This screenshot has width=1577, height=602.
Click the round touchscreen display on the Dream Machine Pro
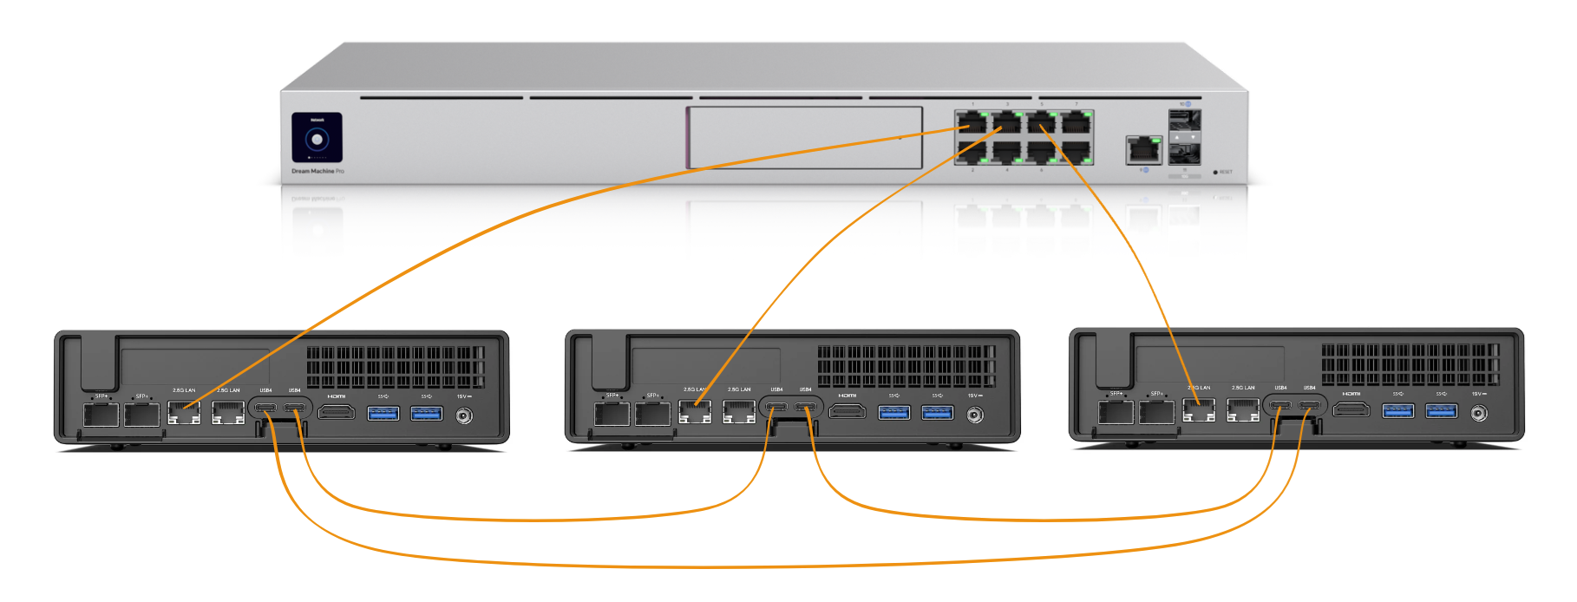[x=317, y=138]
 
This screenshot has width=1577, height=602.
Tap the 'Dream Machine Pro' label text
[x=317, y=171]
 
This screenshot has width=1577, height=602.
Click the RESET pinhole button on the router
[x=1215, y=172]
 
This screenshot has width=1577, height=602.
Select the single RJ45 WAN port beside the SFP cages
[x=1143, y=150]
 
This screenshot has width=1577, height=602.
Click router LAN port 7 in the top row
[x=1076, y=121]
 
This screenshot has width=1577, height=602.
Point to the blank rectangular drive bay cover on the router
[x=804, y=137]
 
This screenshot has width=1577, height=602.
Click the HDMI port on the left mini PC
[x=337, y=411]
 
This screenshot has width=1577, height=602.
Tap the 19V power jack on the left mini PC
[x=464, y=416]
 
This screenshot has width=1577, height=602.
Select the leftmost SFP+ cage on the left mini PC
[x=101, y=414]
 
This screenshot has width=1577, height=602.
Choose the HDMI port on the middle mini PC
[x=847, y=410]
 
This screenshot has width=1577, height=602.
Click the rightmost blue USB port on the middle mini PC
[x=938, y=411]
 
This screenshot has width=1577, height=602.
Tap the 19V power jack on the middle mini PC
[x=975, y=415]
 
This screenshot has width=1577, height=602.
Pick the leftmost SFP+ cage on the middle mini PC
[x=612, y=413]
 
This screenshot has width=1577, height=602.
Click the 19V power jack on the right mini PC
[x=1479, y=413]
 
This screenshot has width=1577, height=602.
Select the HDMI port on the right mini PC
[x=1351, y=409]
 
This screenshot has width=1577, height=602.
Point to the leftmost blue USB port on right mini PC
[x=1398, y=409]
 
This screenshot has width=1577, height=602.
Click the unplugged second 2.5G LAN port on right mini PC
[x=1243, y=410]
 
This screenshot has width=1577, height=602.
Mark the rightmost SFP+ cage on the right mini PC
[x=1156, y=411]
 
